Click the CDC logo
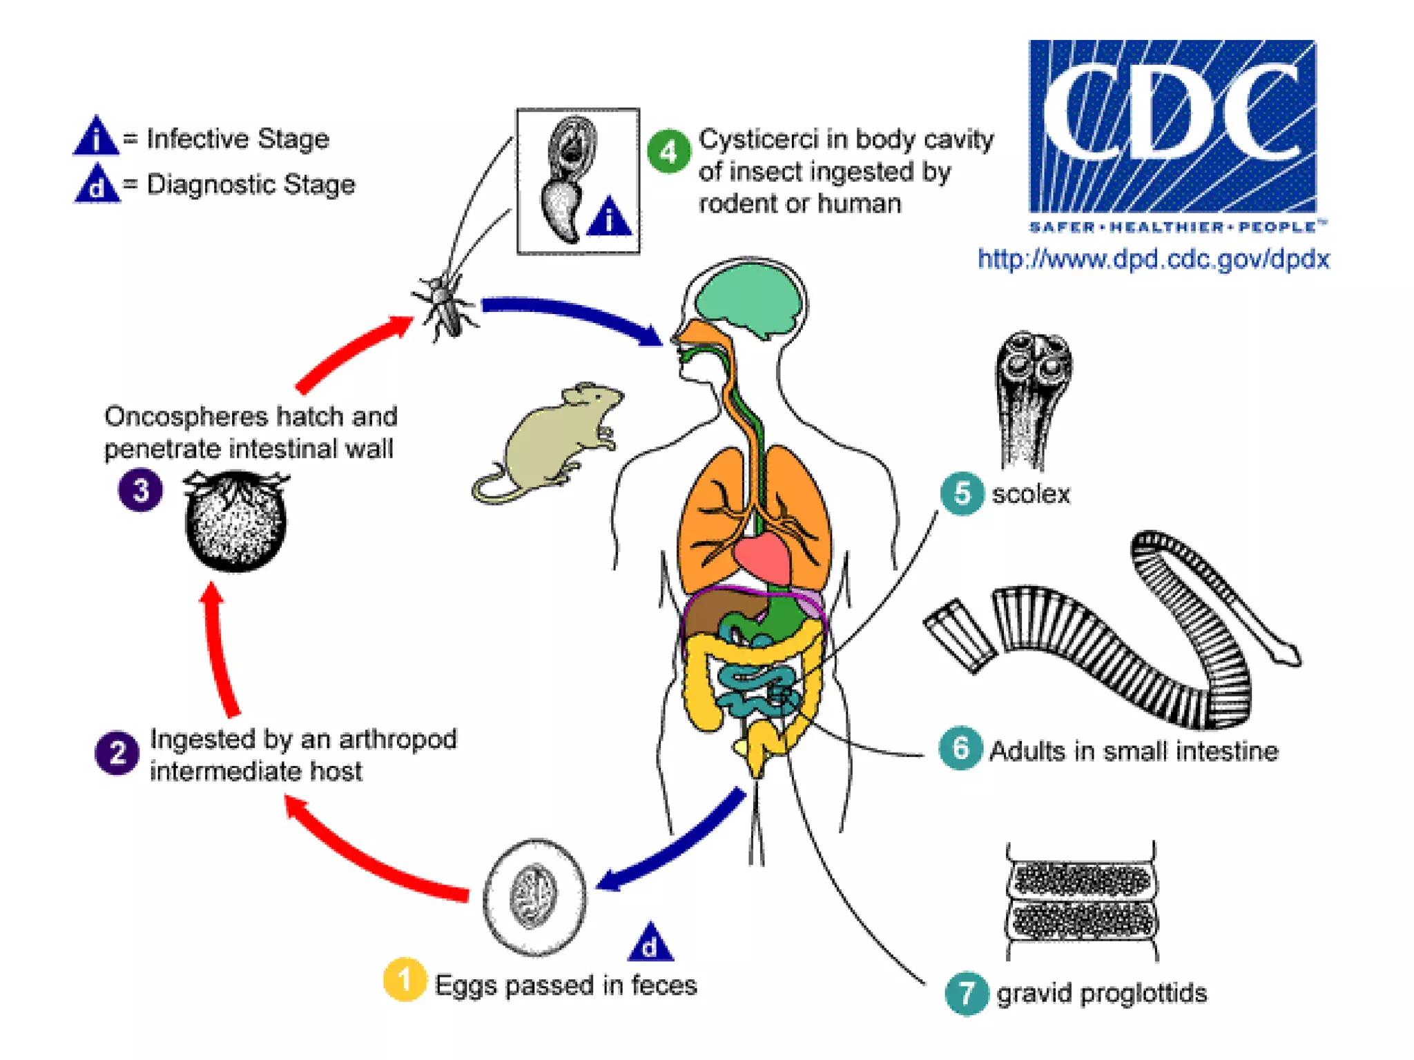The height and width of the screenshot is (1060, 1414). pyautogui.click(x=1172, y=128)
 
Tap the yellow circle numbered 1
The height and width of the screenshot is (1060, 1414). pyautogui.click(x=405, y=979)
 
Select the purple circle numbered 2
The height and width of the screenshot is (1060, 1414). pyautogui.click(x=117, y=753)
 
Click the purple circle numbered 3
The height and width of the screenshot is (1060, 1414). pyautogui.click(x=140, y=490)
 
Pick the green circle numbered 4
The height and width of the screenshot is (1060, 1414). pyautogui.click(x=668, y=151)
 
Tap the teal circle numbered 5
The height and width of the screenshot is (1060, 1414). pyautogui.click(x=962, y=493)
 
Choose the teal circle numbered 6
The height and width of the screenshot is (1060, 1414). pyautogui.click(x=960, y=748)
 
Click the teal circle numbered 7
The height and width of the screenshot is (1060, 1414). pyautogui.click(x=966, y=993)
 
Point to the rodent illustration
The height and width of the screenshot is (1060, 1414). pyautogui.click(x=545, y=442)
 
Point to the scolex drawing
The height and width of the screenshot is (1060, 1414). pyautogui.click(x=1033, y=397)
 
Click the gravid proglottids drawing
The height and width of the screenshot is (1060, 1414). pyautogui.click(x=1081, y=901)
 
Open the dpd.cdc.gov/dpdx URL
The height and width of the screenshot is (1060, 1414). pyautogui.click(x=1153, y=259)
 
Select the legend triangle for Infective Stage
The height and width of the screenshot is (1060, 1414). pyautogui.click(x=96, y=137)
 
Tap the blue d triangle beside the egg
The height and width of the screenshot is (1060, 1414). pyautogui.click(x=650, y=943)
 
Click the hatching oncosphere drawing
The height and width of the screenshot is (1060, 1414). pyautogui.click(x=235, y=520)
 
